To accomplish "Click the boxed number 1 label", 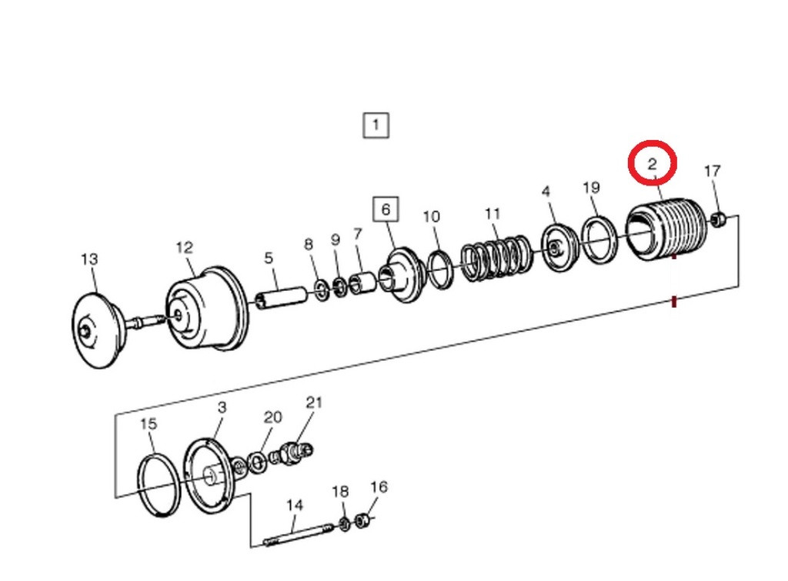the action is tap(376, 125).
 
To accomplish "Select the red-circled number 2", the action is tap(653, 163).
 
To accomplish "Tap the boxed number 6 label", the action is tap(386, 209).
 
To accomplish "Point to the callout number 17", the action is tap(712, 171).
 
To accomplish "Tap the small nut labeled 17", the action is tap(720, 219).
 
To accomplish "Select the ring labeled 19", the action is tap(599, 239).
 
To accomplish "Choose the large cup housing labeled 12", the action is tap(206, 308).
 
